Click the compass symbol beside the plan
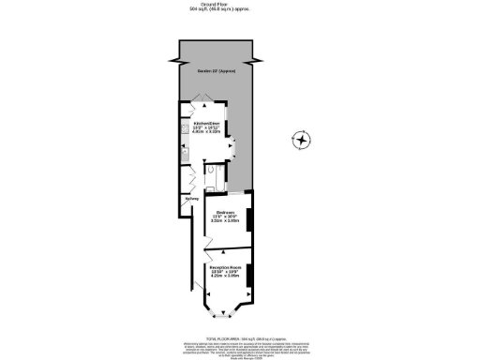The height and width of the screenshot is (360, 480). tap(302, 142)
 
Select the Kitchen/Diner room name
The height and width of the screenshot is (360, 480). tap(206, 123)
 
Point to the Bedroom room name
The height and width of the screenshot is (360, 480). tap(223, 212)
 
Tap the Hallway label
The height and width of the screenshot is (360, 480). tap(188, 198)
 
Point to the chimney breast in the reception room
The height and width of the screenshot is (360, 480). tap(249, 273)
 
